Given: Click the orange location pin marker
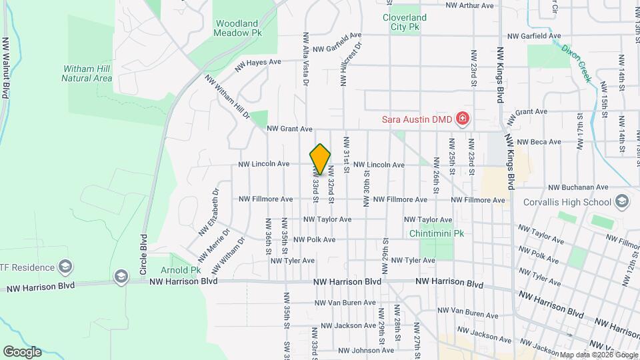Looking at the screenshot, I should pos(321,159).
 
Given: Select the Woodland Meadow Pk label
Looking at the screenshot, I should pos(237,27).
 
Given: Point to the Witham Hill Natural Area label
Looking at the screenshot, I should pos(87,73).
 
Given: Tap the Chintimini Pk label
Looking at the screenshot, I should pos(437,234).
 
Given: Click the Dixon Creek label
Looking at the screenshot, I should pos(577,63).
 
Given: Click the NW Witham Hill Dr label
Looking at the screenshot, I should pos(227,97).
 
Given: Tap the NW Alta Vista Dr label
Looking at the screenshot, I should pos(306,60).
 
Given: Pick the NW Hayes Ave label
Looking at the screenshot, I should pos(258,65).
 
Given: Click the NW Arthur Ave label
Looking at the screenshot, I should pos(470,5).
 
